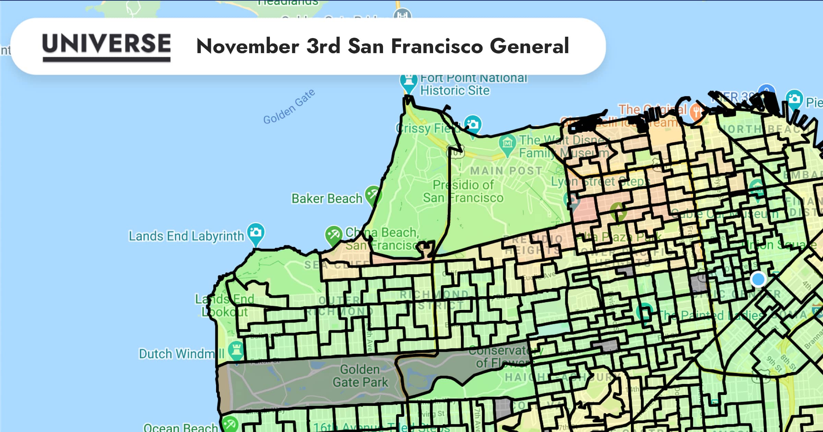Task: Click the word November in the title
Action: (248, 46)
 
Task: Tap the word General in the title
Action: (529, 46)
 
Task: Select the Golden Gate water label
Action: (289, 106)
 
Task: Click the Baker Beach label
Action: (326, 199)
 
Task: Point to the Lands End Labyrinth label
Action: (186, 236)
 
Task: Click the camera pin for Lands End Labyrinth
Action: (256, 233)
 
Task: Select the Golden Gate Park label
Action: (360, 376)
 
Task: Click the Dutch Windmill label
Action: (181, 353)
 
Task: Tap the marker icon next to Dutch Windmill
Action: (236, 350)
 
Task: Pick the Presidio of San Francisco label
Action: (463, 191)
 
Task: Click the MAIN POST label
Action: (506, 170)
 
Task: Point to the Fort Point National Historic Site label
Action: (473, 84)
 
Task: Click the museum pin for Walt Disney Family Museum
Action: (508, 143)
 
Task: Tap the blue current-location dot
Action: (758, 279)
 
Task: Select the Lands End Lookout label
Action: (225, 305)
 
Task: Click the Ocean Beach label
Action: (180, 427)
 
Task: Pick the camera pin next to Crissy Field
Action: (473, 124)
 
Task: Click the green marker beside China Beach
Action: (333, 235)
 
